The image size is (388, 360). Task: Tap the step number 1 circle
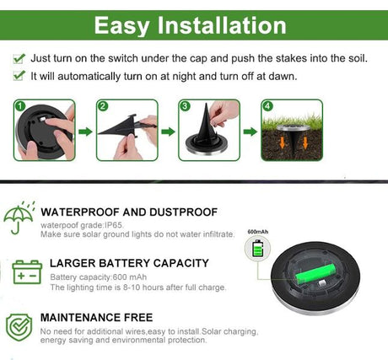[x=19, y=107]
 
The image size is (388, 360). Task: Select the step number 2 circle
[x=103, y=107]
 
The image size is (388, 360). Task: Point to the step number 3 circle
[x=186, y=107]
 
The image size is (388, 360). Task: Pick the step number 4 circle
[x=268, y=107]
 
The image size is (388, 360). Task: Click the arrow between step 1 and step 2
[x=84, y=132]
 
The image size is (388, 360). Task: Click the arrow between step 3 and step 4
[x=251, y=132]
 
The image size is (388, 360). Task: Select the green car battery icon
[x=27, y=271]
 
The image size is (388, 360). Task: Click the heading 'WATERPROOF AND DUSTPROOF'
[x=129, y=212]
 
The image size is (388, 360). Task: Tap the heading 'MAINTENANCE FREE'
[x=97, y=317]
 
